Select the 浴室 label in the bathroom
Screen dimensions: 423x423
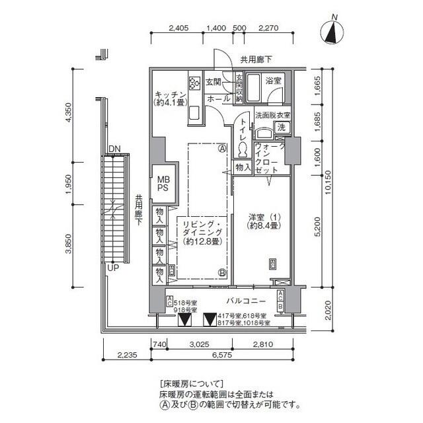274,81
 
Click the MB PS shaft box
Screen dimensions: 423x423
163,182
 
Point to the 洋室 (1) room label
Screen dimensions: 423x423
262,220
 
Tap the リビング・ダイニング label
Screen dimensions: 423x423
202,233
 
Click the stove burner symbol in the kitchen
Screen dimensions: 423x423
195,83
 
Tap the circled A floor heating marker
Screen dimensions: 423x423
223,148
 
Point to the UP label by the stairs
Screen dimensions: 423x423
113,269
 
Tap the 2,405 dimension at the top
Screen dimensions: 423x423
179,28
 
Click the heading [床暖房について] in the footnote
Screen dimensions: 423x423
193,383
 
